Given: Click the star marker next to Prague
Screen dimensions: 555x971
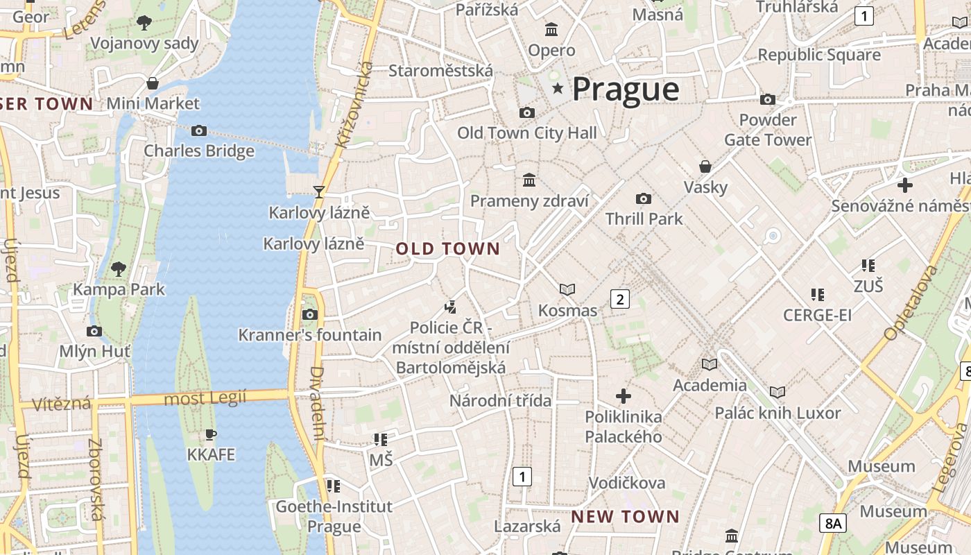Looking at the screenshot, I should [558, 89].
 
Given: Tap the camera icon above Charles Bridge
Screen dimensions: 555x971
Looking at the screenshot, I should [199, 130].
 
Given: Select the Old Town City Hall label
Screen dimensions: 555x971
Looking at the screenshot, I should [526, 133].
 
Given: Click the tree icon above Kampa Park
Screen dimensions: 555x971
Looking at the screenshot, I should [119, 268].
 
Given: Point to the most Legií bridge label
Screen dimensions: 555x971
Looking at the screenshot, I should [205, 398].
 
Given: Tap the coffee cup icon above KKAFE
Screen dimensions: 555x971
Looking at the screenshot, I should [211, 435].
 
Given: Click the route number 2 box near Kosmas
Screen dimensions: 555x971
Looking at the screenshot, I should [619, 299].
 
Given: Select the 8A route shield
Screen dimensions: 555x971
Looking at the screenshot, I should [833, 523].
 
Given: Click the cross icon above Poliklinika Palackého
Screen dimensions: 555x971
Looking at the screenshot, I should [624, 396].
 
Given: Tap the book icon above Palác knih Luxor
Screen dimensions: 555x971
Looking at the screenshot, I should [777, 392].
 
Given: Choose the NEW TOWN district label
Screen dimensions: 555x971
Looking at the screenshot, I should [625, 517].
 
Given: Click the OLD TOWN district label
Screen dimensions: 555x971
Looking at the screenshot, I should [448, 248].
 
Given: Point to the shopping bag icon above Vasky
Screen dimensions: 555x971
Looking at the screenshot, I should [705, 166].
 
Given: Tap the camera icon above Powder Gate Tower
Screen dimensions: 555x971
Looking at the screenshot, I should [767, 100].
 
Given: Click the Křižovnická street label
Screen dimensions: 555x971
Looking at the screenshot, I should [354, 104].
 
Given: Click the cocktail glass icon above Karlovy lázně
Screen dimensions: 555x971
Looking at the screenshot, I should [319, 191].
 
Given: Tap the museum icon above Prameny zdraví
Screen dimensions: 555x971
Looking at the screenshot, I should [529, 180].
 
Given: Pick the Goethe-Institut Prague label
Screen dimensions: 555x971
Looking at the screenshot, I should [334, 516].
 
